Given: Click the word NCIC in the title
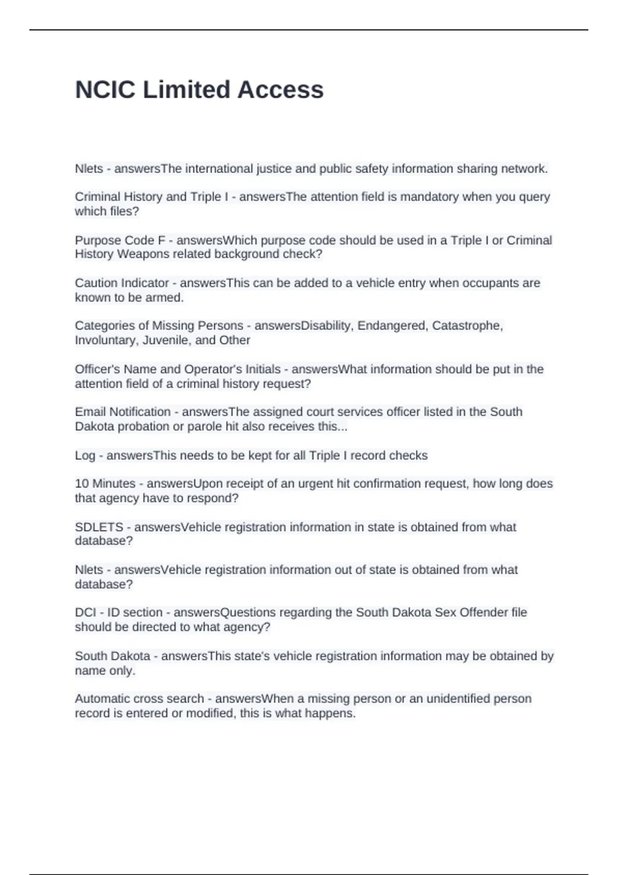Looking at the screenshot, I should click(105, 90).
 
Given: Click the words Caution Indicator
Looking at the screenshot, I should click(122, 283).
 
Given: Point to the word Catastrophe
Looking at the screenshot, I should click(466, 326).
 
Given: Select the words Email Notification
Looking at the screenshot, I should click(123, 412).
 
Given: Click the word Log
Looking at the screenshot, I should click(85, 456).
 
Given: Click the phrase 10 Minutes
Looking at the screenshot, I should click(105, 484).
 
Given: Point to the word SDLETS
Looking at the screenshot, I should click(99, 527).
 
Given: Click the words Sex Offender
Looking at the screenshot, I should click(471, 612).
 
